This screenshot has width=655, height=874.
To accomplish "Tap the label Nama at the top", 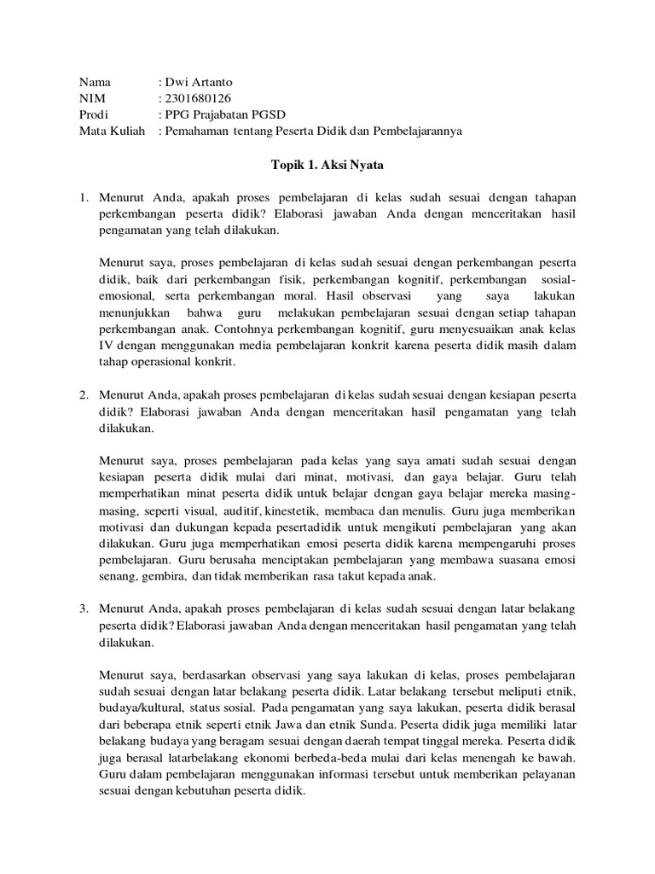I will point(96,83).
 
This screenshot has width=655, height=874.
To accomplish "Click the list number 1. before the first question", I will point(84,198).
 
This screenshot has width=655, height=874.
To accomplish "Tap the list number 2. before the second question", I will point(84,396).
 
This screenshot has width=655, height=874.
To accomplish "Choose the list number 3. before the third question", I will point(84,609).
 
